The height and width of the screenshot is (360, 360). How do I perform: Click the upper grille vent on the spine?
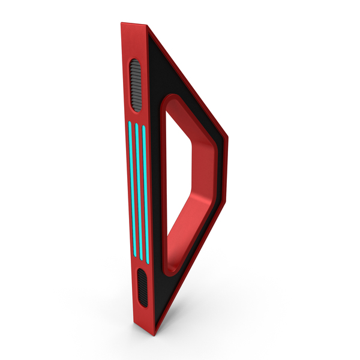coord(136,86)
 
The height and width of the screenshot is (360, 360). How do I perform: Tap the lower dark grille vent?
coord(142,288)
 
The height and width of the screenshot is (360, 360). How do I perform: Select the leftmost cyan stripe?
coord(132,189)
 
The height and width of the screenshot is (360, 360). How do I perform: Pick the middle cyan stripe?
coord(139,192)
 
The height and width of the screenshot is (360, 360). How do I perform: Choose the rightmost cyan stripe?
coord(145,194)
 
